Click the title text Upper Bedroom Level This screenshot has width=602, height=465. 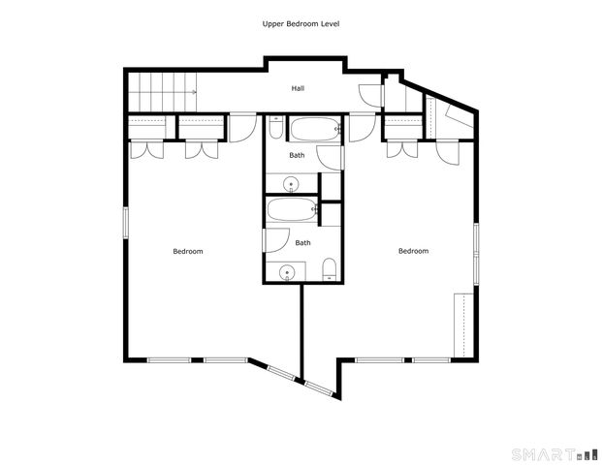pos(301,23)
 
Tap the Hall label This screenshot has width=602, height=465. pos(299,88)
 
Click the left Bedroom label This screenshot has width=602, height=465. pos(188,252)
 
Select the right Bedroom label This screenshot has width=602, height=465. pos(413,251)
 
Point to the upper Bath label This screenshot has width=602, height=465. pos(297,154)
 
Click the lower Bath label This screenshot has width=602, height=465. pos(302,243)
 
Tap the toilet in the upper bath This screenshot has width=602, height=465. pos(275,129)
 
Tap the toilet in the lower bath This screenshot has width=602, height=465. pos(329,269)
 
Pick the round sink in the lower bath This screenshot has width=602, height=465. pos(287,272)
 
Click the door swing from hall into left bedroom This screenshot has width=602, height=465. pos(243,127)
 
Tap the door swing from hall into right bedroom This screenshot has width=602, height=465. pos(362,127)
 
